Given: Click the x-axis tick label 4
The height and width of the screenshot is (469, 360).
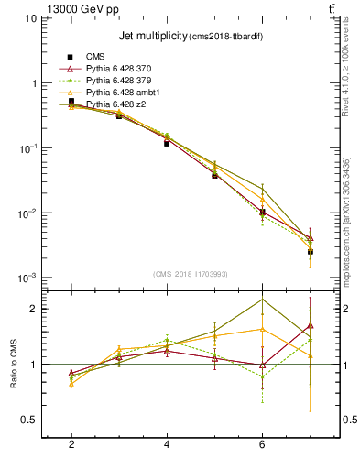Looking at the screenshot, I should click(x=167, y=445).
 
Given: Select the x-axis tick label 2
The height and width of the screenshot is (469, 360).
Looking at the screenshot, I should click(x=71, y=445).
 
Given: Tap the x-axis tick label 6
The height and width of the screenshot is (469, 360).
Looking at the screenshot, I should click(x=262, y=445).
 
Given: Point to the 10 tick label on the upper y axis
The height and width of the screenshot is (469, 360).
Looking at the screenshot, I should click(x=29, y=18).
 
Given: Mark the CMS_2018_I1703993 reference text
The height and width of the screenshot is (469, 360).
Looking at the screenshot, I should click(x=191, y=273).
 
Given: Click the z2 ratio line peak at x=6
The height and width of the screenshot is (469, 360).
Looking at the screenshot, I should click(x=263, y=300).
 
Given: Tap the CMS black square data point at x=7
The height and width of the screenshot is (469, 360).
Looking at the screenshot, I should click(x=311, y=251).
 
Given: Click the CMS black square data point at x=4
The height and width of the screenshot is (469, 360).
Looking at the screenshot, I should click(x=167, y=143).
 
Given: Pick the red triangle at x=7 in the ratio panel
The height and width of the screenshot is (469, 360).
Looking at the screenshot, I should click(x=311, y=325).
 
